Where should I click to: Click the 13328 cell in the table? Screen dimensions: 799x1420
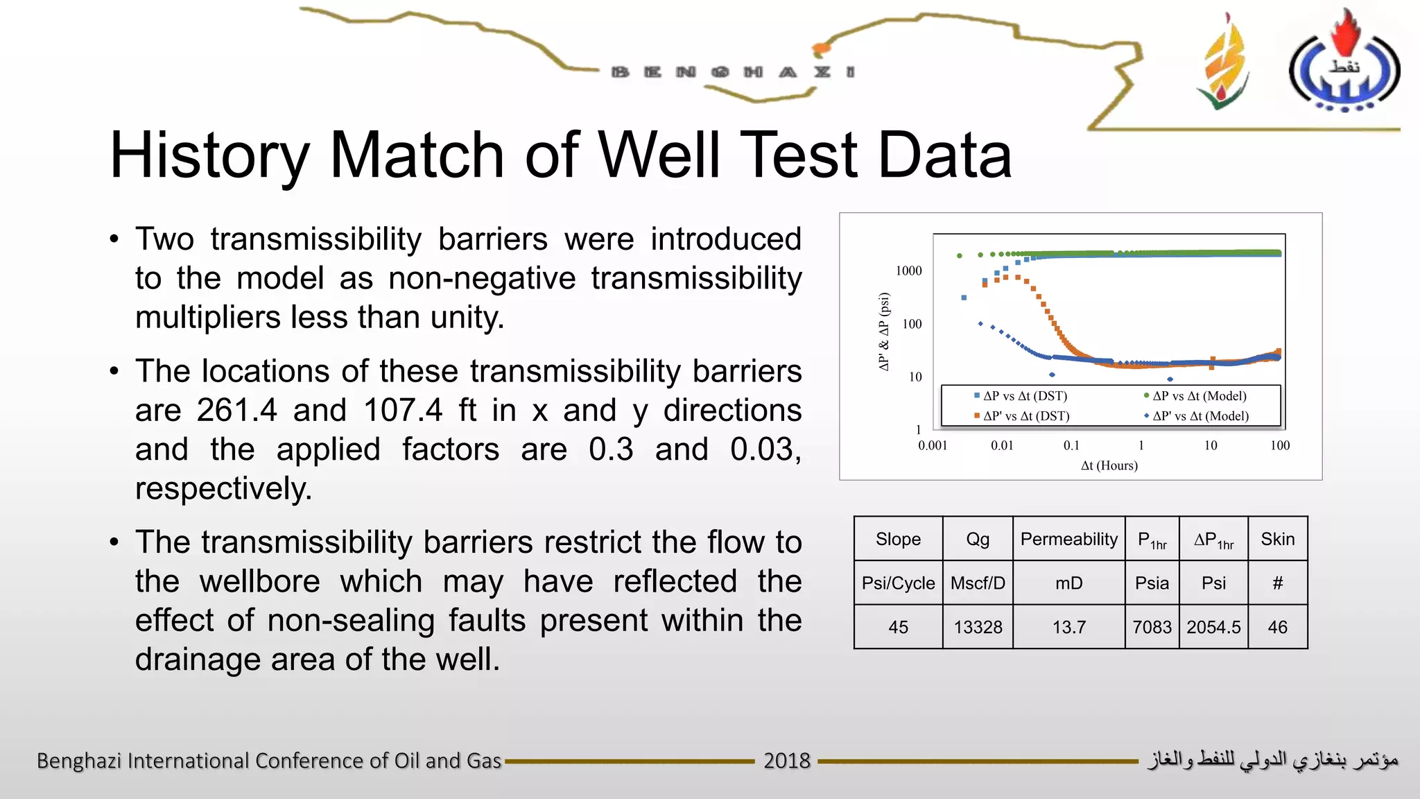click(x=978, y=627)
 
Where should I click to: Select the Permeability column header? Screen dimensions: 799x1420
click(x=1068, y=539)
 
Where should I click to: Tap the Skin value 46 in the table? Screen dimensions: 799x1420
click(x=1277, y=627)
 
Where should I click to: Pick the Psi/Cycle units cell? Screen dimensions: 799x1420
click(x=898, y=583)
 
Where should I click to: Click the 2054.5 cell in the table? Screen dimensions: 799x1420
click(x=1213, y=627)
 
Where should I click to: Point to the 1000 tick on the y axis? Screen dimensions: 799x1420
click(x=908, y=270)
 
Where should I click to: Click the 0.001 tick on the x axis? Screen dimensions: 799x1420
click(x=933, y=445)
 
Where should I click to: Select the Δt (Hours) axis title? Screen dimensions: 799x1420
click(x=1109, y=465)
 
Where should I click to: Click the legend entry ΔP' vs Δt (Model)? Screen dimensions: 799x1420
click(x=1200, y=416)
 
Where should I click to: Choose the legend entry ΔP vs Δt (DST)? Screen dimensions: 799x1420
click(x=1025, y=396)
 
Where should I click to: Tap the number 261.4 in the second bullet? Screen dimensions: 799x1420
click(x=236, y=410)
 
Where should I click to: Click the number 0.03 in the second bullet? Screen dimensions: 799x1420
click(x=764, y=449)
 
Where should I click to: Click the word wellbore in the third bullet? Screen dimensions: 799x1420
click(x=260, y=581)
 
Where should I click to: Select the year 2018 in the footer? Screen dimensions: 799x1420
click(x=786, y=761)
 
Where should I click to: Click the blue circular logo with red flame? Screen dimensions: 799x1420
click(x=1344, y=66)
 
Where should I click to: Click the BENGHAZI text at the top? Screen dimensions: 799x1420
click(x=733, y=72)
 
